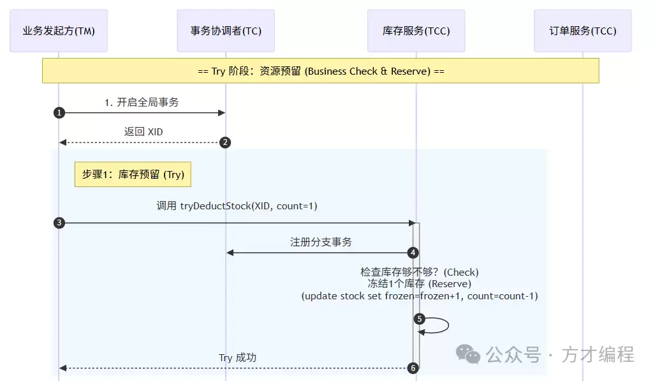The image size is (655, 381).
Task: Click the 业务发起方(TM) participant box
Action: pos(59,31)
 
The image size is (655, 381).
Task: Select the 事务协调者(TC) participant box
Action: pos(226,31)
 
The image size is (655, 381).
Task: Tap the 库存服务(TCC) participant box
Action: pos(416,31)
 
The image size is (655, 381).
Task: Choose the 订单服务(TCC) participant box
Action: pos(582,31)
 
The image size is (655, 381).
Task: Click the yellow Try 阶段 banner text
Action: pos(321,71)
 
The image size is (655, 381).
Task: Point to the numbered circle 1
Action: pos(59,113)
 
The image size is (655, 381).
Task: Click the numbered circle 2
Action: pos(225,142)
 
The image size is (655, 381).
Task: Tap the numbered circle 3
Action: pos(59,223)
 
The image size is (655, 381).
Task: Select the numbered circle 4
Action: pos(413,253)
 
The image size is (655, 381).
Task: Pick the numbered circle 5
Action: pos(419,318)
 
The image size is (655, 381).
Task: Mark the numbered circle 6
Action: pos(413,368)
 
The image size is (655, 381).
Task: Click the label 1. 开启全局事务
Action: pos(146,101)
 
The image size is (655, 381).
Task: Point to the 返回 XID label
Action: pos(144,131)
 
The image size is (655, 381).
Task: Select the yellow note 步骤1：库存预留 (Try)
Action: pos(133,174)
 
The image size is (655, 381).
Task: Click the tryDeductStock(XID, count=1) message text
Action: pos(237,206)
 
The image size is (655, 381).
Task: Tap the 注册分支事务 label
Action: pos(321,242)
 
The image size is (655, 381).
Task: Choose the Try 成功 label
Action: pos(237,357)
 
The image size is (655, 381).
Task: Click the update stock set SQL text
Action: pos(419,296)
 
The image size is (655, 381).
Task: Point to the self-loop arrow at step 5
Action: pos(439,325)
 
